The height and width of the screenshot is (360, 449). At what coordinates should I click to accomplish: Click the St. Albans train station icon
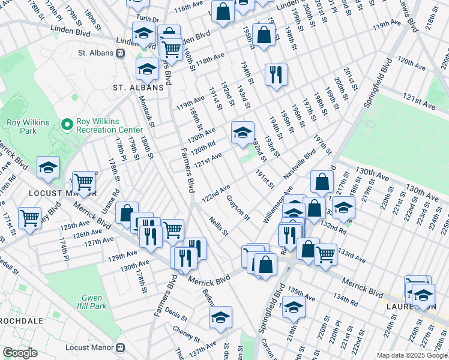(120, 53)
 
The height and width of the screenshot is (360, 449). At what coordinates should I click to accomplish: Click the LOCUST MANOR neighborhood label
(62, 194)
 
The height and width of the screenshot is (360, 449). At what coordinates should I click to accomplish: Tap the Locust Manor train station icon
(120, 347)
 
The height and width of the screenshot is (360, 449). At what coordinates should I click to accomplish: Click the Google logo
(20, 353)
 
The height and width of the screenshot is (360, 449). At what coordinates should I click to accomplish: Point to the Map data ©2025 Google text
(411, 355)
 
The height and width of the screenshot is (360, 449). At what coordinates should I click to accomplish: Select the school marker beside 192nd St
(243, 133)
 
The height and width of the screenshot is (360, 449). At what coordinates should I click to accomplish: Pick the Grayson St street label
(238, 207)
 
